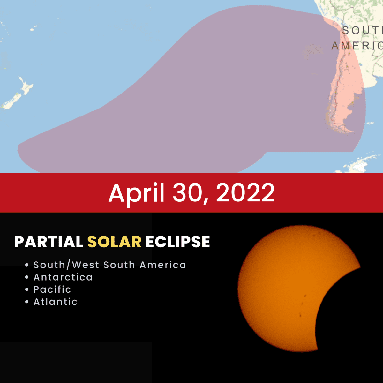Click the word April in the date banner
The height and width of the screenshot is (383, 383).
click(x=136, y=193)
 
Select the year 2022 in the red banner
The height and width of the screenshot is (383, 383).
click(x=245, y=193)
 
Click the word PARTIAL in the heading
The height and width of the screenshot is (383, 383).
click(x=49, y=242)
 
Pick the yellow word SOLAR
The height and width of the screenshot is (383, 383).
click(x=114, y=242)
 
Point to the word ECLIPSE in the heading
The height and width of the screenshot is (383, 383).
click(x=178, y=242)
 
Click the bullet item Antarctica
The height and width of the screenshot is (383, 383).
click(x=63, y=277)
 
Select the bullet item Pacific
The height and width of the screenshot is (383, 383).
click(x=52, y=289)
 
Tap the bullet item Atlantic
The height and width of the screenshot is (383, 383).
click(x=56, y=302)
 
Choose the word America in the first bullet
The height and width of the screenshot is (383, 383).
click(x=163, y=265)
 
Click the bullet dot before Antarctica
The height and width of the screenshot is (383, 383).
click(x=27, y=277)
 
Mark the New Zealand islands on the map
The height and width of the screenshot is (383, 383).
click(x=18, y=93)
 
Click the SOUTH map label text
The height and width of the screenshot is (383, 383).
click(x=362, y=31)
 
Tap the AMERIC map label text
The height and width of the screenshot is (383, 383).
click(x=357, y=46)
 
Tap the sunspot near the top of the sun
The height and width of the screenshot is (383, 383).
click(x=314, y=236)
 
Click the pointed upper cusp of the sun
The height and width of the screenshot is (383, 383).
click(x=359, y=267)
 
